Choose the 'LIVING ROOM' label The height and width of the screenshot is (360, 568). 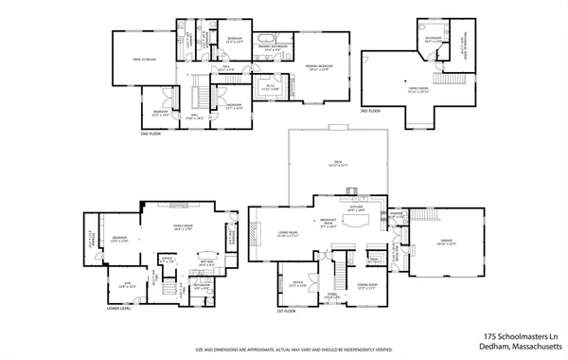288,234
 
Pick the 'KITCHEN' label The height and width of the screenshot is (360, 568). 357,207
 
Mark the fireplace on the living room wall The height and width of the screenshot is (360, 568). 253,233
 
